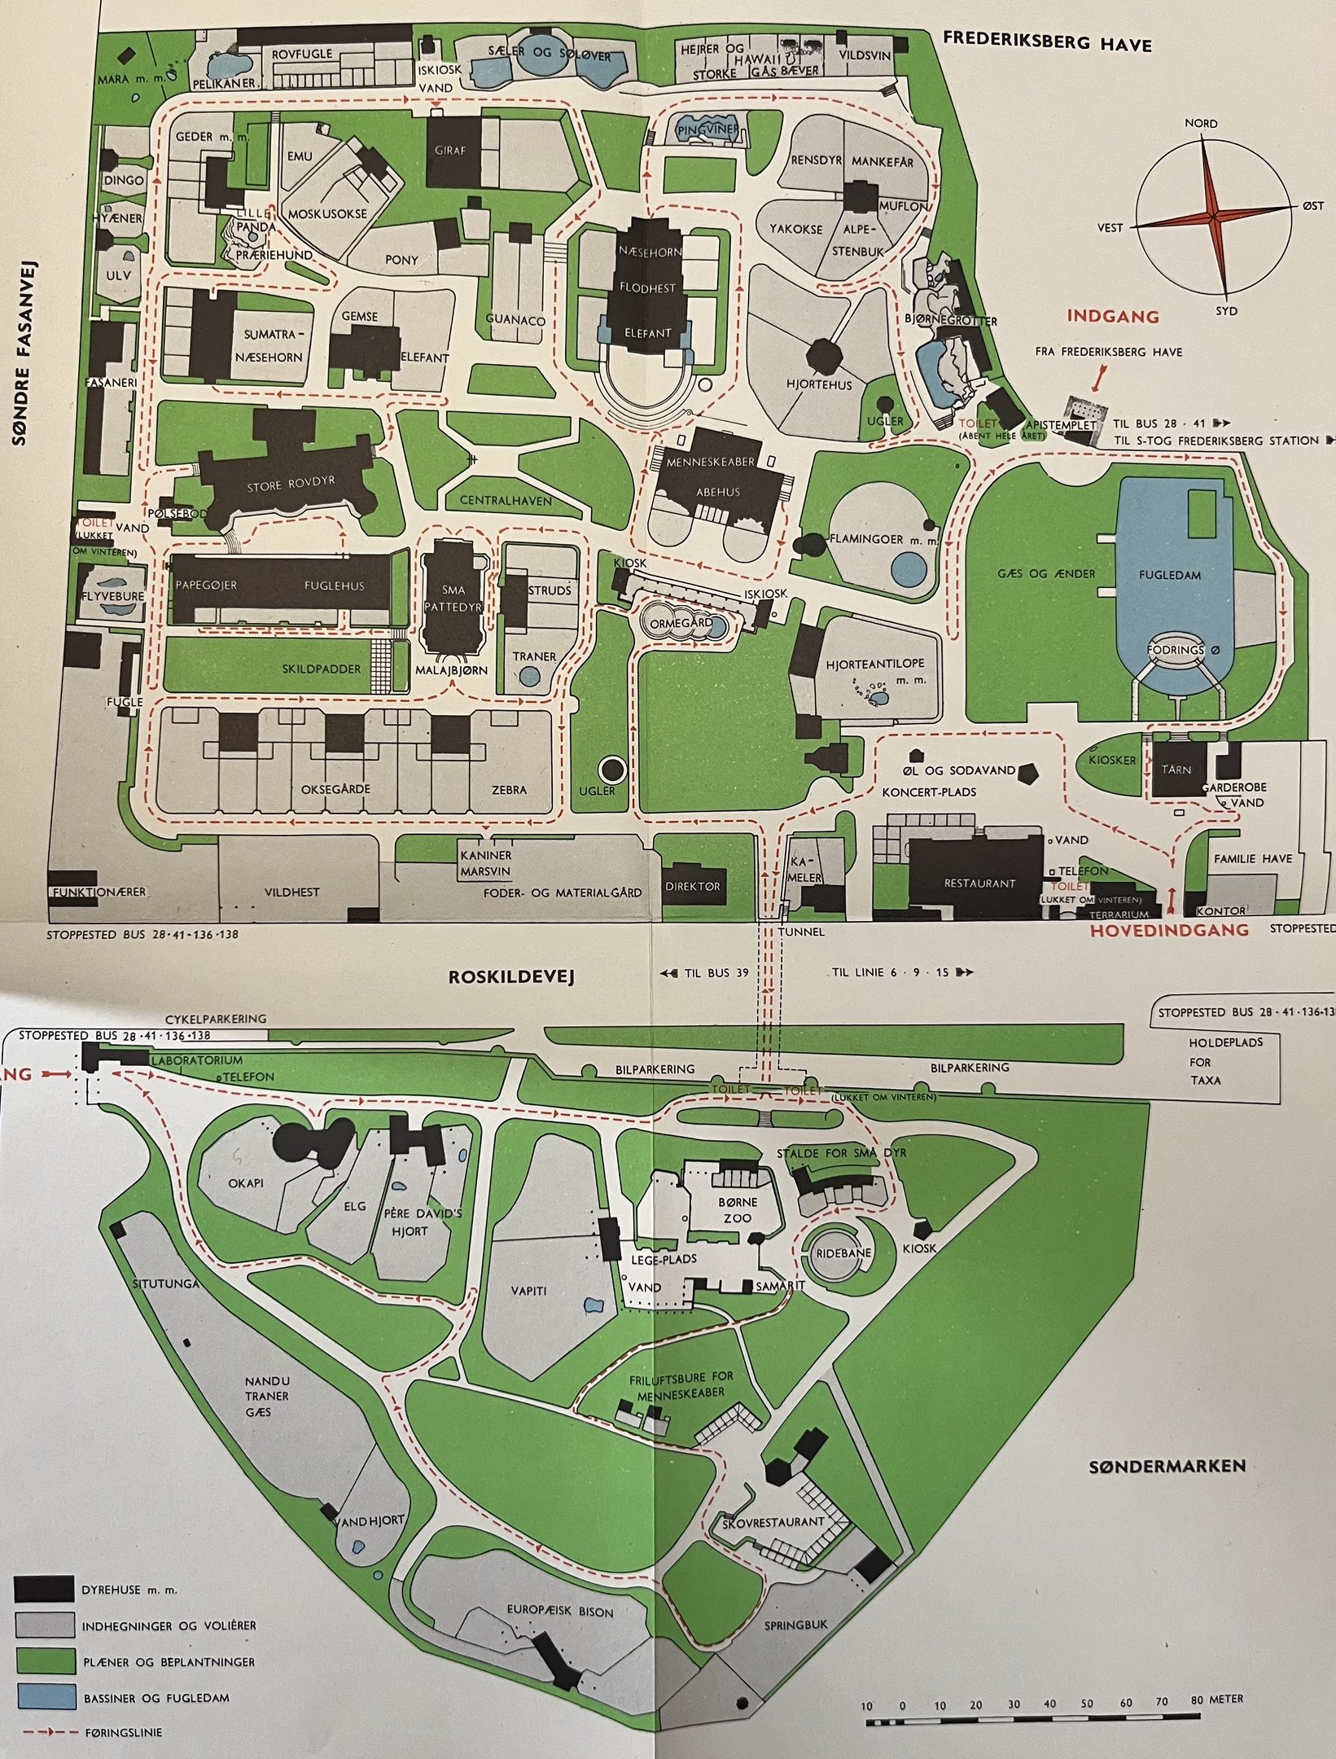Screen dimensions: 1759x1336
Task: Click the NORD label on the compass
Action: click(1202, 124)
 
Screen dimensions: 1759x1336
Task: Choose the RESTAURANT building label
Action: click(979, 884)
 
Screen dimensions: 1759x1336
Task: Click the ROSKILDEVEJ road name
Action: click(511, 976)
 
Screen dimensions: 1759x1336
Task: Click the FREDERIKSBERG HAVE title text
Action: click(1045, 42)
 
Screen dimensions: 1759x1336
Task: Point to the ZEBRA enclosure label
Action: click(509, 789)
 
